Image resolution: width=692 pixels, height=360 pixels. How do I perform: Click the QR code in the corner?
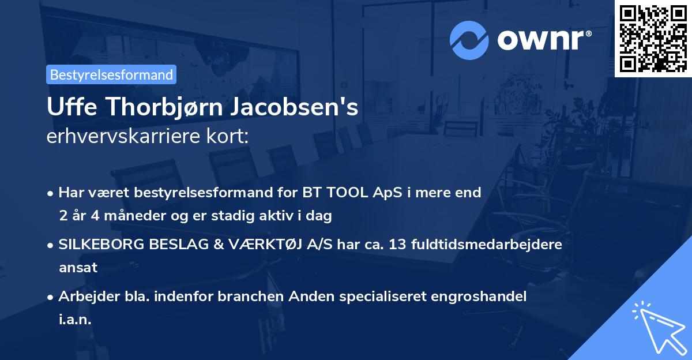click(x=653, y=38)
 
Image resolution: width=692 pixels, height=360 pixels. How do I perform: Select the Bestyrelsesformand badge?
click(x=111, y=74)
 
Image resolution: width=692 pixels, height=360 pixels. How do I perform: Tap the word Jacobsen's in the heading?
click(x=295, y=108)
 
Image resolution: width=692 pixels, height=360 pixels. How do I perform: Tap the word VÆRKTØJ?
click(x=274, y=244)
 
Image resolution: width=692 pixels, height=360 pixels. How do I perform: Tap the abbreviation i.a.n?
click(x=75, y=320)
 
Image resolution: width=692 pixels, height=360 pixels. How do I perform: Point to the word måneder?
click(x=128, y=216)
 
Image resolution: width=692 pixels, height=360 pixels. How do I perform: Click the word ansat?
click(x=78, y=268)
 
